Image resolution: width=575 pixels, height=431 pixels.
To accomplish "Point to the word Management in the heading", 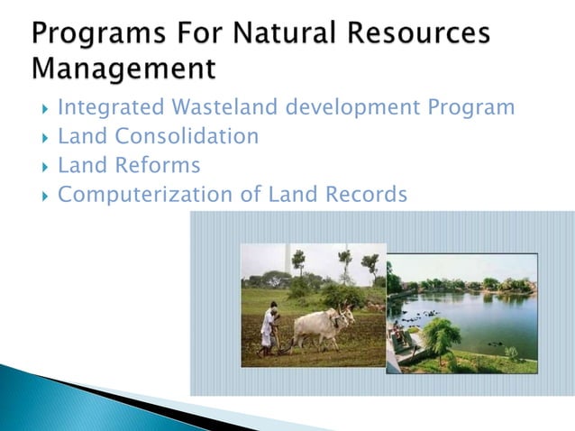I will [x=123, y=68].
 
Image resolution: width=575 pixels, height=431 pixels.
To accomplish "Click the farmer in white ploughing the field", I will [x=269, y=327].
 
